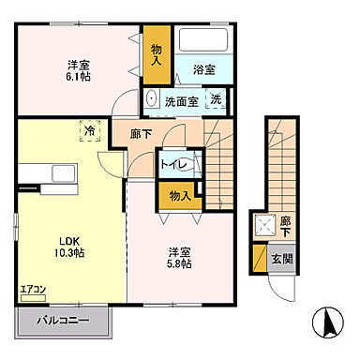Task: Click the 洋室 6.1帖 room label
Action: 79,71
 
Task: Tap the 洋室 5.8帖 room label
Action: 181,259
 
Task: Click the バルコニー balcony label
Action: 64,322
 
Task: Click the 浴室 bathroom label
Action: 204,69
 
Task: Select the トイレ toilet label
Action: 174,166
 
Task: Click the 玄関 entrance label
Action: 281,260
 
